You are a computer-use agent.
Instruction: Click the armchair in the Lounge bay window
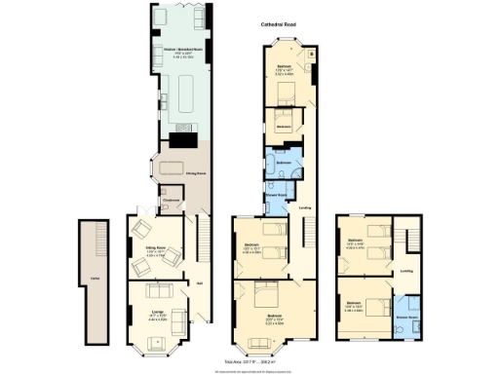(x=156, y=341)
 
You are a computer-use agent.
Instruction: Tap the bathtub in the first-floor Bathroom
(x=283, y=156)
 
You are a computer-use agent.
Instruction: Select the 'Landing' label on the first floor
(x=305, y=207)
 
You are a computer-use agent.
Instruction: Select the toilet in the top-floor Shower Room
(x=418, y=328)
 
